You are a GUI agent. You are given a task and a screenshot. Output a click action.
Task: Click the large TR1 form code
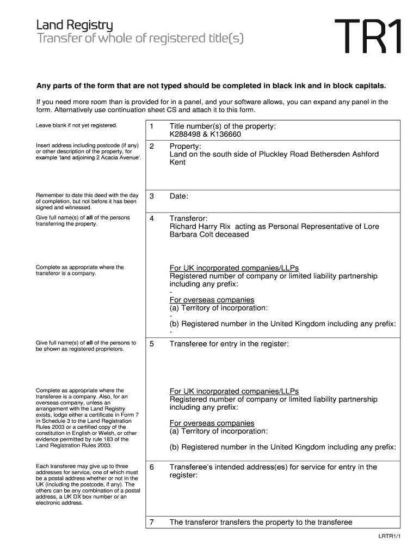[368, 37]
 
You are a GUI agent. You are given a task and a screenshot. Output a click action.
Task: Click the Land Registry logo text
[75, 25]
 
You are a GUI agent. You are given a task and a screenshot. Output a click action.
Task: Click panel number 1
[152, 126]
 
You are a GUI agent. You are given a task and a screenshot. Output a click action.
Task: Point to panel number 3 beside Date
[152, 196]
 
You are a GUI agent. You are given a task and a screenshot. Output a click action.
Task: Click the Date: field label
[178, 196]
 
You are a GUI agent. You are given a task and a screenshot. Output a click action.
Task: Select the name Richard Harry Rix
[201, 226]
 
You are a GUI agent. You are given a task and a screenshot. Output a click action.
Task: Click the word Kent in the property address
[177, 162]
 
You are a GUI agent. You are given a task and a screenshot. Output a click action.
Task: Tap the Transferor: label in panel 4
[188, 218]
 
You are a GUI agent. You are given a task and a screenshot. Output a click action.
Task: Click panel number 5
[152, 344]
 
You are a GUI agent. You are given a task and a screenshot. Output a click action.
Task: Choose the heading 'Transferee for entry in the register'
[229, 344]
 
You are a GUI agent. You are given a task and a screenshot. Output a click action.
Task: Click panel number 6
[152, 467]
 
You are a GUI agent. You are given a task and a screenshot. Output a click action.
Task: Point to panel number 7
[152, 522]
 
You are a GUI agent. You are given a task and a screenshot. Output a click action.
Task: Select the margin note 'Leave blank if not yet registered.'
[76, 125]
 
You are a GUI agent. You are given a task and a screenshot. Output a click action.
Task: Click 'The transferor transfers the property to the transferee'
[261, 522]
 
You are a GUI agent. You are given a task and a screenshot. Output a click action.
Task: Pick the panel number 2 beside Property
[152, 146]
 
